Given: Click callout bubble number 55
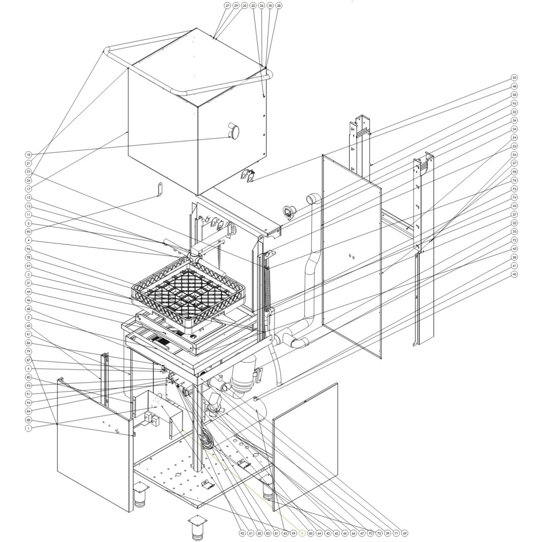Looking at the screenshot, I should (514, 78).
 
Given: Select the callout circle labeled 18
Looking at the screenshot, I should (28, 155).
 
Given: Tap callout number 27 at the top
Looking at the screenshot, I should (227, 5).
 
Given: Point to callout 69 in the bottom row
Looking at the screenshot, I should (405, 533).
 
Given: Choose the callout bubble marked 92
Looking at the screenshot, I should (242, 533).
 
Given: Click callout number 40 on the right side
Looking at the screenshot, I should (514, 274).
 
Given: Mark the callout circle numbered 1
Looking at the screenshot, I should (28, 429).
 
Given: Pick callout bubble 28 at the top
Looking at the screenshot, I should (279, 5).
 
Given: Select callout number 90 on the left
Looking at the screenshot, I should (28, 232).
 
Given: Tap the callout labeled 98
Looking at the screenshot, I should (514, 172).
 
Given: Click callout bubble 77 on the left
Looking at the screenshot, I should (28, 172).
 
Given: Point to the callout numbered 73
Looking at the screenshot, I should (379, 533).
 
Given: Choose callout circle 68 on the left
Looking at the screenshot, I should (28, 309).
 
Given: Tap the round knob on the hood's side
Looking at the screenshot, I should (234, 131).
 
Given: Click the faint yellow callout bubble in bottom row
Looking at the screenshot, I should (302, 533).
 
